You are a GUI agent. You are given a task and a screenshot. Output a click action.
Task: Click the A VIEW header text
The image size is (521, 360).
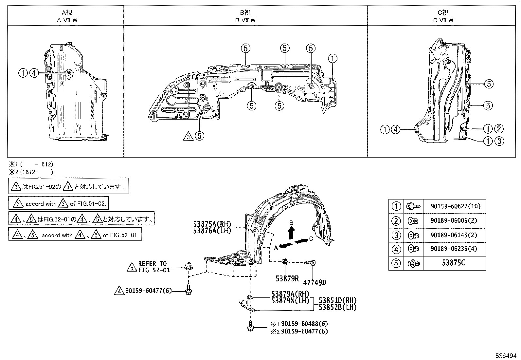click(x=67, y=20)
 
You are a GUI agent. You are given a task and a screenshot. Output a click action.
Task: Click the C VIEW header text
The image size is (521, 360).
click(x=443, y=20)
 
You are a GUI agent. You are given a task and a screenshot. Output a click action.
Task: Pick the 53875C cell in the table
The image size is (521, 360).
click(x=454, y=263)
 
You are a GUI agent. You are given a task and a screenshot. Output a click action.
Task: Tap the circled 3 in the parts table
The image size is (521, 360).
click(x=396, y=235)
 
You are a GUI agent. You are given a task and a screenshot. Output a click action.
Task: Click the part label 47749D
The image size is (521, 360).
click(x=314, y=282)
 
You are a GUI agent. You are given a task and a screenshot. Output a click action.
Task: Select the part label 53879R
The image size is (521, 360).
click(x=287, y=278)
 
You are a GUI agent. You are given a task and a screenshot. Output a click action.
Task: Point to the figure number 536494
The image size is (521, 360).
click(x=506, y=355)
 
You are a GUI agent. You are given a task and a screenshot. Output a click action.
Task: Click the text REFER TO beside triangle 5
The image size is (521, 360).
click(x=152, y=263)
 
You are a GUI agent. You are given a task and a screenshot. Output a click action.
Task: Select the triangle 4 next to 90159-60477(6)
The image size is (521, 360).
click(x=119, y=291)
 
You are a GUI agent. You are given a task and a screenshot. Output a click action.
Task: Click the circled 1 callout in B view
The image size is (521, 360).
click(x=332, y=59)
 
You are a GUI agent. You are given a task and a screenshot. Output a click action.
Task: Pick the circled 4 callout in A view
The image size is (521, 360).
click(x=34, y=73)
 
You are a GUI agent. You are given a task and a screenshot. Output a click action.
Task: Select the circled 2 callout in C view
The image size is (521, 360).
click(x=498, y=129)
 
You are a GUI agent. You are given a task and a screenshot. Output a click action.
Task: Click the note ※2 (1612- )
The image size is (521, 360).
click(x=31, y=172)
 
